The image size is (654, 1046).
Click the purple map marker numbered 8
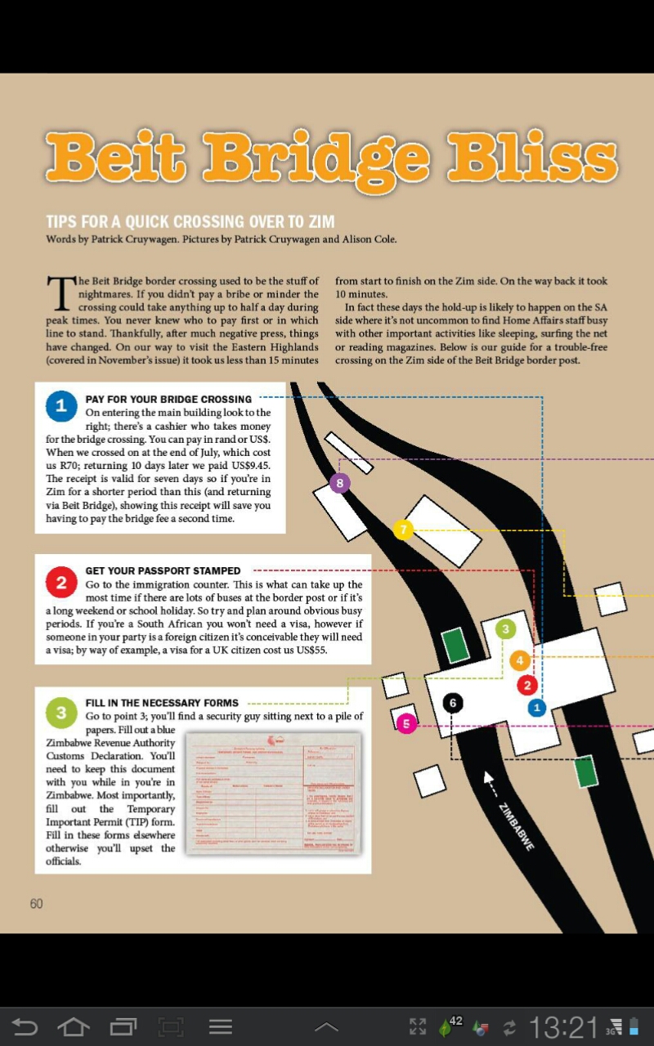pos(340,483)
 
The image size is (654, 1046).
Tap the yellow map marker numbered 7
pos(403,530)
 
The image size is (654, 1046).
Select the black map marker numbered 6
pos(453,702)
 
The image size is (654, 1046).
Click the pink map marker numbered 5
pos(406,723)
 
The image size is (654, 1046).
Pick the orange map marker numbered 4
pos(520,660)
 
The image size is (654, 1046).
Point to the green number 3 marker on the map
pos(506,628)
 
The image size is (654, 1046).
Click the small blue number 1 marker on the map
pos(536,708)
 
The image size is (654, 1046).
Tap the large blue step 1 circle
pos(61,406)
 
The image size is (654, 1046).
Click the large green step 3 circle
pos(61,713)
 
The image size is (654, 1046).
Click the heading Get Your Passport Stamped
pos(163,570)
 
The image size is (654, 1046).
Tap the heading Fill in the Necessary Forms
pos(162,703)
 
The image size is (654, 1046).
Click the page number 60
pos(36,903)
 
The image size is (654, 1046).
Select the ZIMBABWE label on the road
pos(517,826)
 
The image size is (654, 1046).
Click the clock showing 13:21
pos(563,1026)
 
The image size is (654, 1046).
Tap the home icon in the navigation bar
pos(74,1026)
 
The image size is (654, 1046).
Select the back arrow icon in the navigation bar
pos(25,1026)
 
